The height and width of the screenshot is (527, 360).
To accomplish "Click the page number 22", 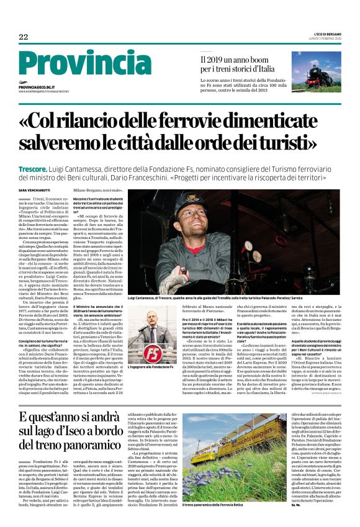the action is tap(24, 37).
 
